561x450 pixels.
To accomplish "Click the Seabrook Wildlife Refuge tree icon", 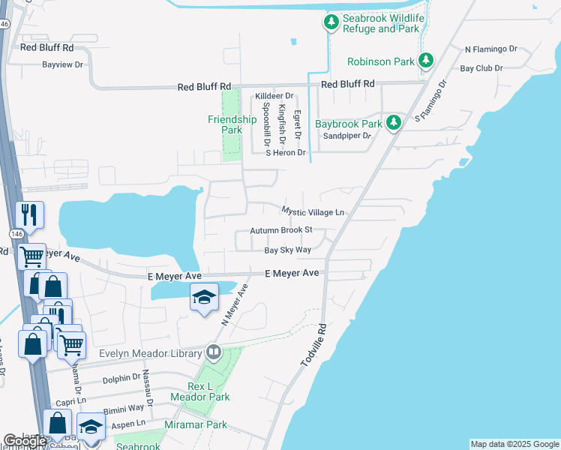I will (331, 23).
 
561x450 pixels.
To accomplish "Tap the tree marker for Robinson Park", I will (426, 60).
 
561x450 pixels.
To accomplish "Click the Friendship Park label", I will (232, 124).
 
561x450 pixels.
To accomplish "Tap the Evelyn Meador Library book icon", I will (214, 352).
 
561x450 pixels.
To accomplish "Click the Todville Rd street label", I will (314, 345).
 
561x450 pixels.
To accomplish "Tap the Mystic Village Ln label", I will (313, 212).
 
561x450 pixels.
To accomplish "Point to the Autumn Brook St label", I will (292, 231).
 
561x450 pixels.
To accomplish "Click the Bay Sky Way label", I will (287, 250).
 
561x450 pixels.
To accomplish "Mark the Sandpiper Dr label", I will (346, 136).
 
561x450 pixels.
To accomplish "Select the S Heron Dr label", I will (286, 153).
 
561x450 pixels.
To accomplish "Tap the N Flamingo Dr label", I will (491, 49).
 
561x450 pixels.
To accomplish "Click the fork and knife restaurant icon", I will (29, 215).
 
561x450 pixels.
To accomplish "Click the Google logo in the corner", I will (25, 441).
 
